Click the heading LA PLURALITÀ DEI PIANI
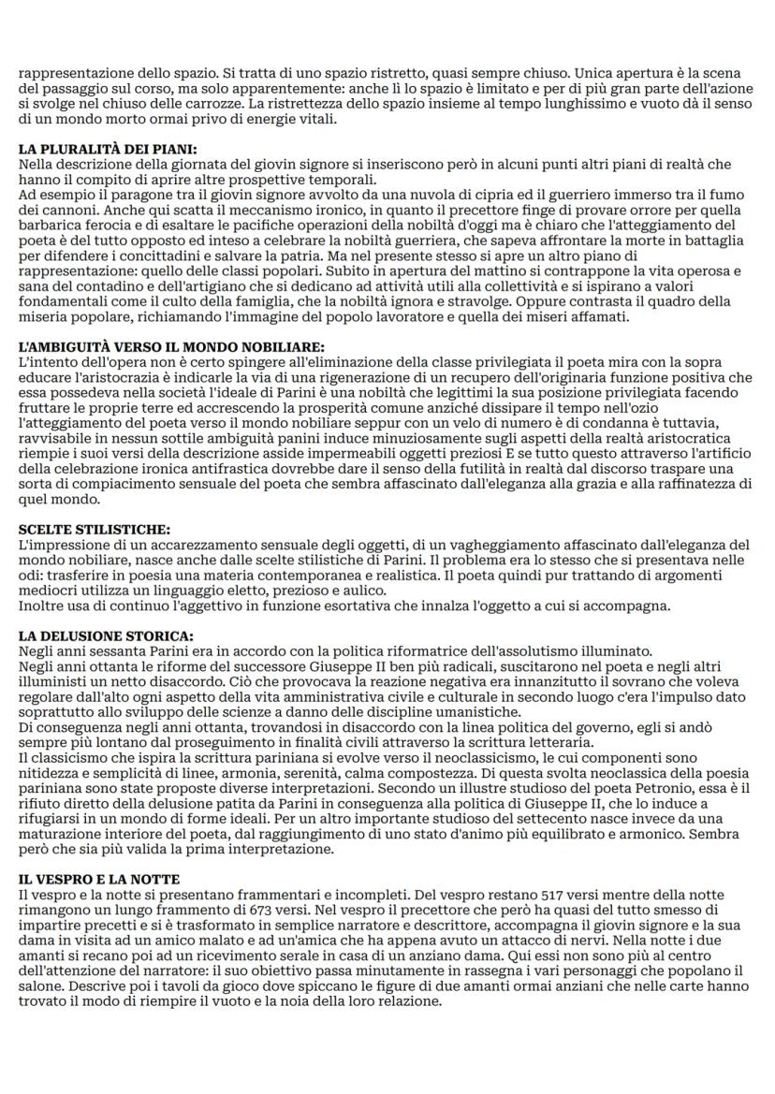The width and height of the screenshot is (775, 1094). pyautogui.click(x=108, y=149)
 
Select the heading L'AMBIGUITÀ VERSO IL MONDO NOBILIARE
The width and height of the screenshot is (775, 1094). pyautogui.click(x=158, y=346)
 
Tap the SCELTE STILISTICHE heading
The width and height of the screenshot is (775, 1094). pyautogui.click(x=95, y=530)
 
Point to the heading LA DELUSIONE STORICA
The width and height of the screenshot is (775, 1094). pyautogui.click(x=106, y=635)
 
